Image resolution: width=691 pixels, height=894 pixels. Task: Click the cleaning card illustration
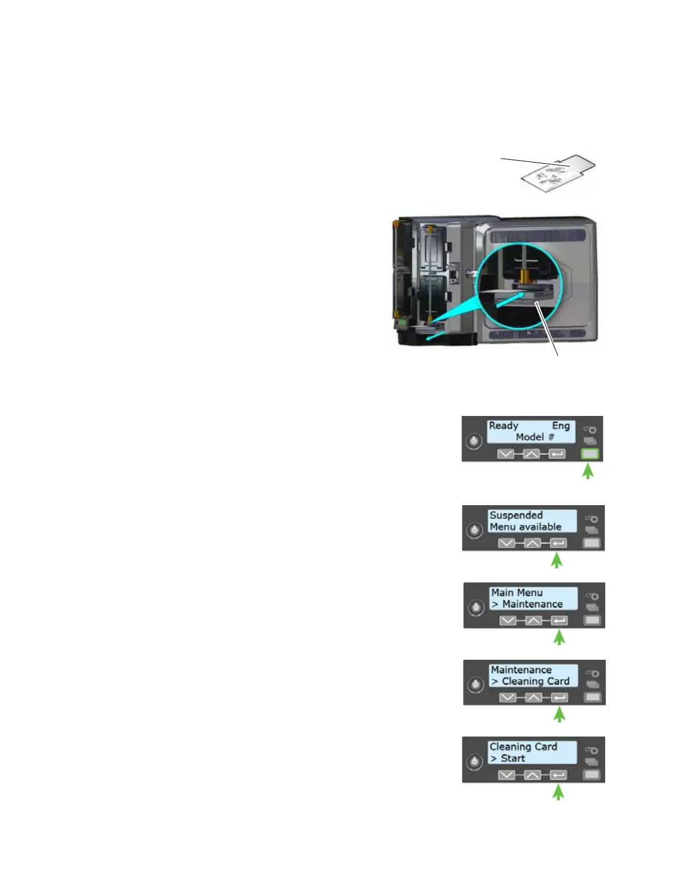coord(557,175)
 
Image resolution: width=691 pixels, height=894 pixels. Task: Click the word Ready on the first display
coord(503,426)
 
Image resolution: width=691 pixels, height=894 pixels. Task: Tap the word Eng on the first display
coord(561,426)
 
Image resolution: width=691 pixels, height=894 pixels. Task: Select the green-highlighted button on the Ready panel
coord(589,454)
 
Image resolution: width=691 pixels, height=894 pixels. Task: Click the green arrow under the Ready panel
coord(588,471)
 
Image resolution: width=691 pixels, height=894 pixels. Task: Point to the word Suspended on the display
coord(516,515)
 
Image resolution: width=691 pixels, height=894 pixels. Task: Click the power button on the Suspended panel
coord(474,530)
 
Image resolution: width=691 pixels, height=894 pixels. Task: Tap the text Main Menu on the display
coord(517,593)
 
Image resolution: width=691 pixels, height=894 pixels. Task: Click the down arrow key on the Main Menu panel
coord(508,621)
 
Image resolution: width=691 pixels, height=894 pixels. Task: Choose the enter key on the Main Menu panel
coord(559,621)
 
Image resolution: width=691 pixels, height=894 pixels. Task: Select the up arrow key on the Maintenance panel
coord(533,698)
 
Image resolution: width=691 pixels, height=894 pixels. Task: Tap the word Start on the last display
coord(513,758)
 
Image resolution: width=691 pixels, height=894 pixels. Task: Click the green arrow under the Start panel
coord(558,793)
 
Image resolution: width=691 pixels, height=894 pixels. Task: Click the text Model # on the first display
coord(535,437)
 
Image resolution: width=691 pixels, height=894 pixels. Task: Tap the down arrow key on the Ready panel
coord(506,454)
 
